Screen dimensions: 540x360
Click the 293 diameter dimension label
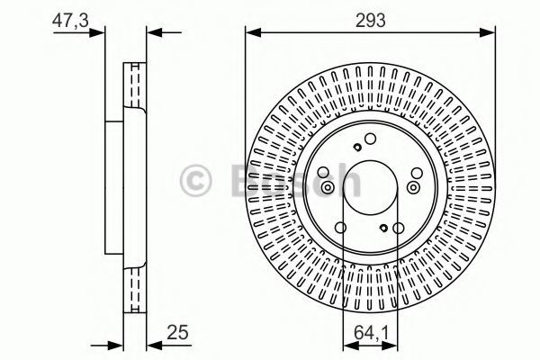[x=370, y=21]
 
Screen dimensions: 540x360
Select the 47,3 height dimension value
[x=70, y=21]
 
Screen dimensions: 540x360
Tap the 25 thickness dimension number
[x=177, y=332]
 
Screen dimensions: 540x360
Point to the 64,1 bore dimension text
[x=371, y=333]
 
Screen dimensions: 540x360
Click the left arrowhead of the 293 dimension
[x=254, y=32]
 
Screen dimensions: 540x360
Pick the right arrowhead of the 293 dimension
[x=487, y=32]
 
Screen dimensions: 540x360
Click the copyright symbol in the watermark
[x=195, y=180]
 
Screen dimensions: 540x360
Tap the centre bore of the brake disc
[x=371, y=188]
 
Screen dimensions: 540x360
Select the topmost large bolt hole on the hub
[x=370, y=139]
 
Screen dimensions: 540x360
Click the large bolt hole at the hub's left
[x=323, y=173]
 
